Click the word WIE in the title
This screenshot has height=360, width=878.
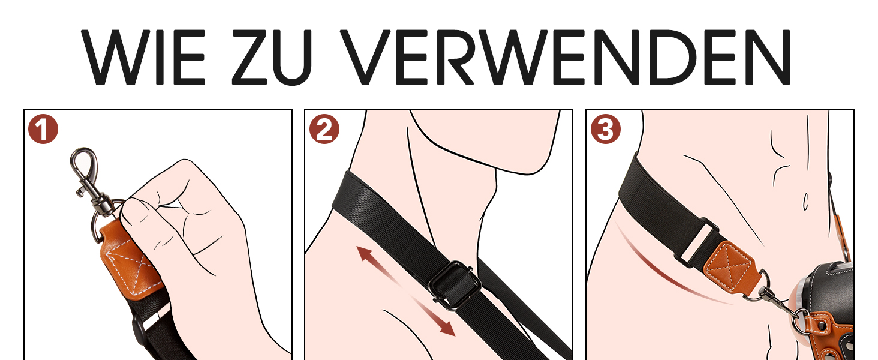click(x=143, y=57)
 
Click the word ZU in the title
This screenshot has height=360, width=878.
click(x=272, y=57)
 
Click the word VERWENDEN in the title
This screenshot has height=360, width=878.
click(x=565, y=57)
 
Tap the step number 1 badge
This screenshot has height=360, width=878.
click(x=43, y=129)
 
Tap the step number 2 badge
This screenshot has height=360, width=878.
click(x=324, y=129)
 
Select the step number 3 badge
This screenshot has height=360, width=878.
click(x=606, y=129)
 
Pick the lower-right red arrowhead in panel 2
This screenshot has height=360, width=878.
click(x=447, y=328)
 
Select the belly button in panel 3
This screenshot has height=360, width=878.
click(x=805, y=202)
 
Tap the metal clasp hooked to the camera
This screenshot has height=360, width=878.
click(x=780, y=306)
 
